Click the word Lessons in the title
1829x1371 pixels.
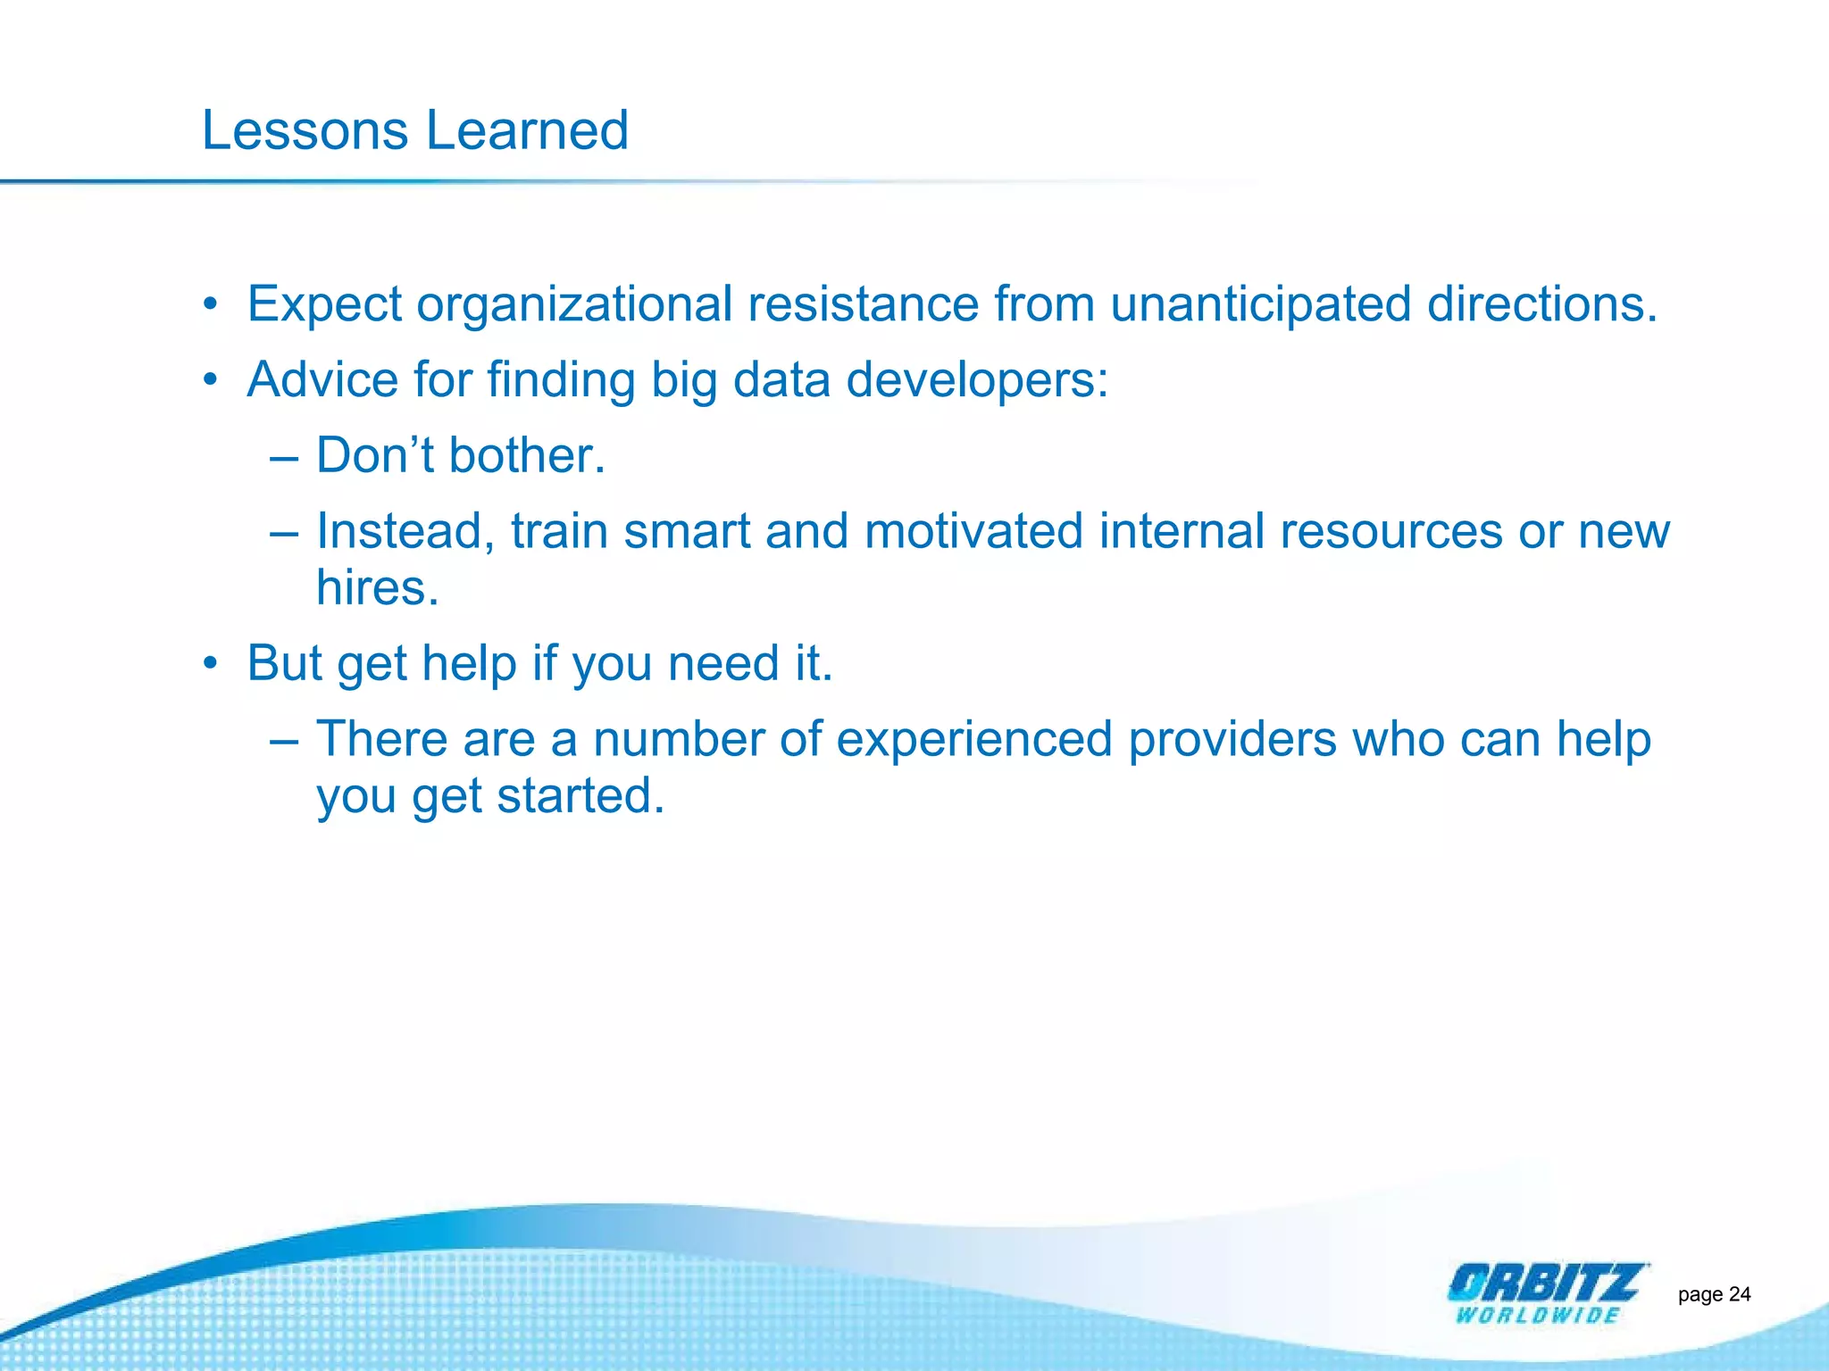pos(305,130)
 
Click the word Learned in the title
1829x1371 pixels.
pos(527,130)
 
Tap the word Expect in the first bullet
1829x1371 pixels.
pos(324,305)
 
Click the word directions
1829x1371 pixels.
pos(1541,303)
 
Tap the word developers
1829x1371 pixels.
pos(976,381)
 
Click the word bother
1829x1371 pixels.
pos(527,455)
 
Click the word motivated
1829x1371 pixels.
pos(973,531)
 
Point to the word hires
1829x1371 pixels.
pos(377,588)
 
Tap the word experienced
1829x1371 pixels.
pos(973,741)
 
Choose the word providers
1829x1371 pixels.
pos(1232,741)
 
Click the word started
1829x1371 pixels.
pos(580,796)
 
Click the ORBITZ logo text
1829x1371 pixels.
pos(1543,1284)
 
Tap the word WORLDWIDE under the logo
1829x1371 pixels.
pos(1538,1316)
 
